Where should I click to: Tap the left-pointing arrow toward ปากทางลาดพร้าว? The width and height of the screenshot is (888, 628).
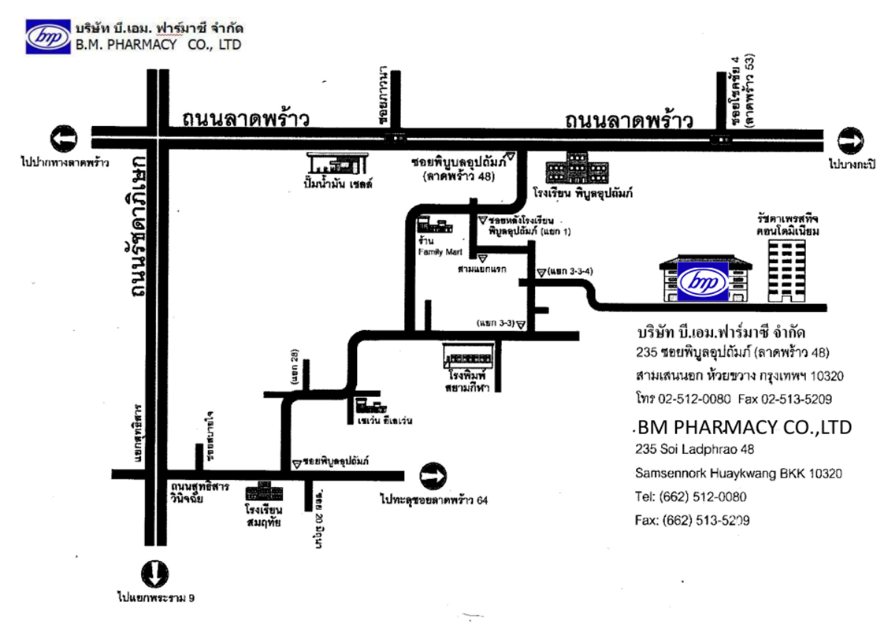click(64, 139)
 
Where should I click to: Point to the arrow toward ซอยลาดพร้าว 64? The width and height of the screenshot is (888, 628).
click(433, 476)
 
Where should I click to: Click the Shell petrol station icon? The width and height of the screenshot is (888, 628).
click(339, 164)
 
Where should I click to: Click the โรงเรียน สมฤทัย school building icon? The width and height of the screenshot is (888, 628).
click(263, 494)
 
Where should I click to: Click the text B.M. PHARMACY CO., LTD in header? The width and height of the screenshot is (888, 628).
click(158, 45)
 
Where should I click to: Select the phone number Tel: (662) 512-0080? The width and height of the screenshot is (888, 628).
click(690, 497)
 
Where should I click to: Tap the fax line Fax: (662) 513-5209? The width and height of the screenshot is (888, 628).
click(692, 520)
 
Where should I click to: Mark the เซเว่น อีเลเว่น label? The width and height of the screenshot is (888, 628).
click(385, 420)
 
